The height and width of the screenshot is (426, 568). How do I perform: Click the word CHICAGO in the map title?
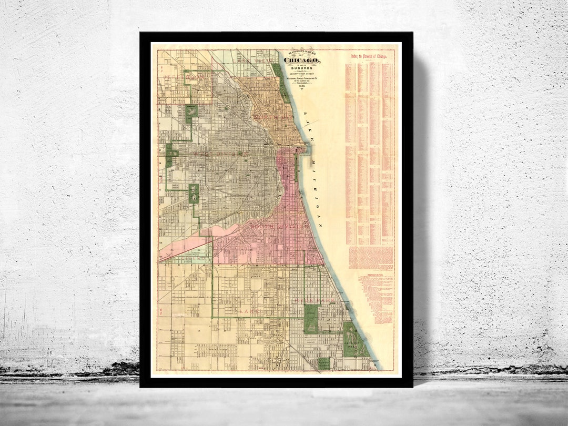pyautogui.click(x=303, y=60)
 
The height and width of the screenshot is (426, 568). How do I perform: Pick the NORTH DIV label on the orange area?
pyautogui.click(x=261, y=115)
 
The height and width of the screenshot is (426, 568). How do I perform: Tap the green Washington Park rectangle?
pyautogui.click(x=310, y=318)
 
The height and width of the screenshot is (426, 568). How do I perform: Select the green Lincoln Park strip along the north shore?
pyautogui.click(x=282, y=84)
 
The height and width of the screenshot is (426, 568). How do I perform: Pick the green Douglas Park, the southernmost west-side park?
pyautogui.click(x=194, y=193)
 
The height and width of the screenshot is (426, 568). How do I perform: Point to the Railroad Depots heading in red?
pyautogui.click(x=373, y=274)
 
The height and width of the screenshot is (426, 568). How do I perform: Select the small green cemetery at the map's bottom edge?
pyautogui.click(x=324, y=362)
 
